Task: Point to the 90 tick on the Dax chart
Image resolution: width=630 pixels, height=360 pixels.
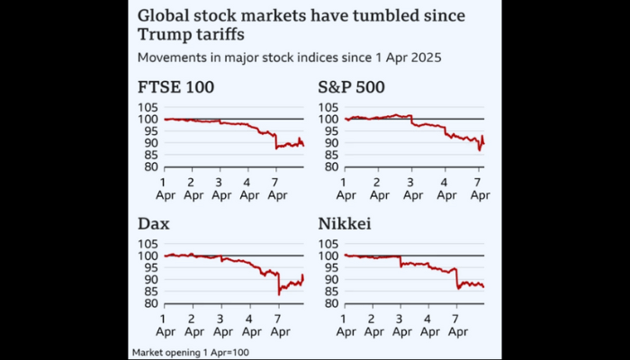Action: point(146,280)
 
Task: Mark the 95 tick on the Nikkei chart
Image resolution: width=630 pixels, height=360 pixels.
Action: point(328,268)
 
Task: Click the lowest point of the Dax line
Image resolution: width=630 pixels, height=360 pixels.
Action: point(279,294)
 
